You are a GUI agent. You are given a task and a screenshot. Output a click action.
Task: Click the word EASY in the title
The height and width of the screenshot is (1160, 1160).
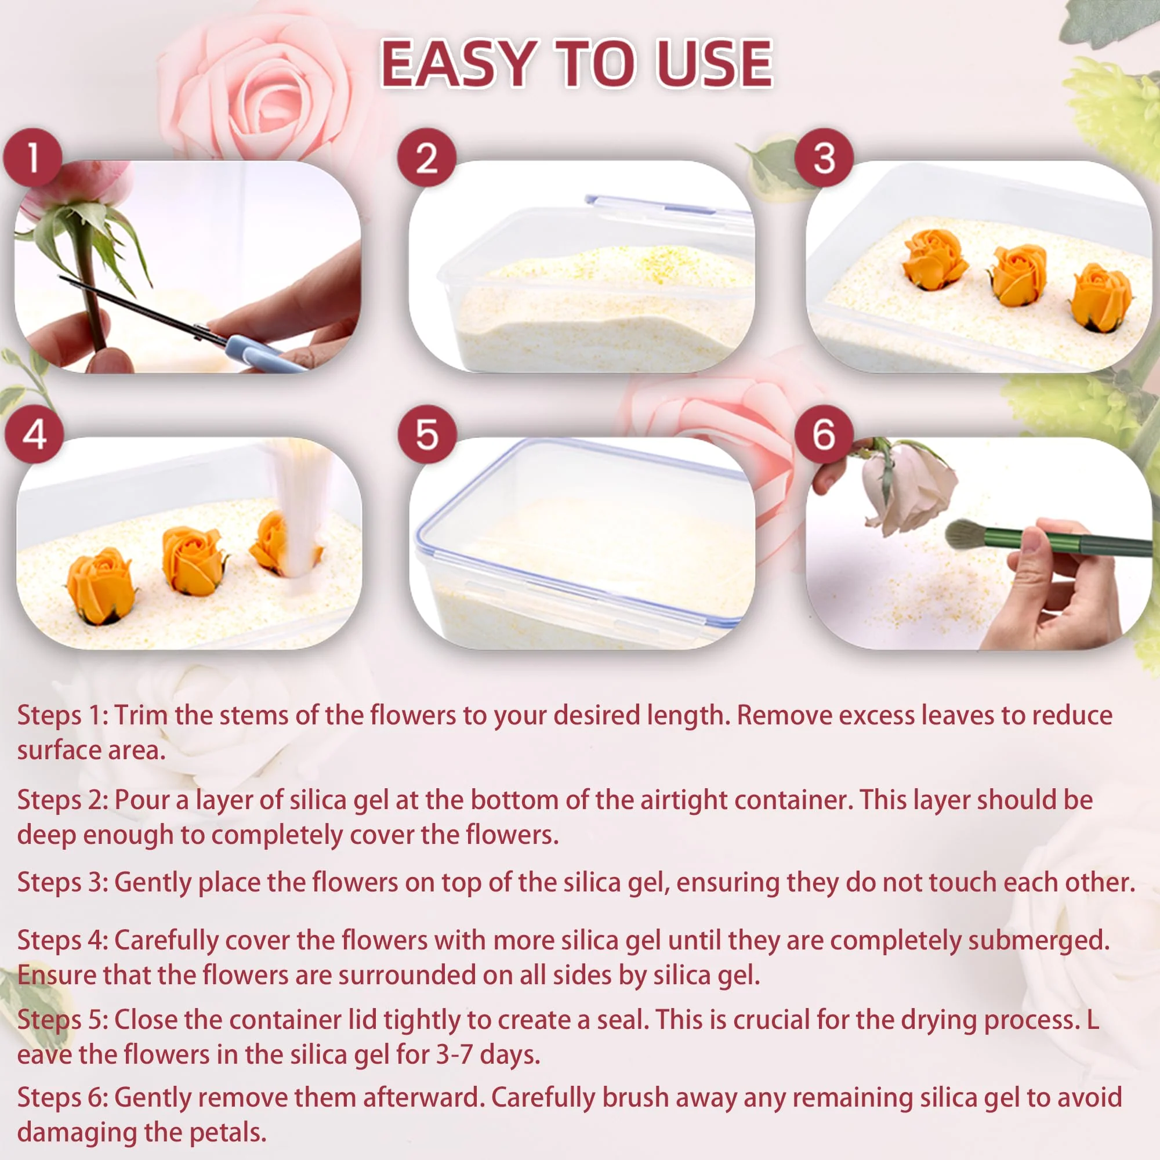click(x=458, y=64)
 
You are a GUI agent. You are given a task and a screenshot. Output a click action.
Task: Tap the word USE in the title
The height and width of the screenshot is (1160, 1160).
click(x=714, y=64)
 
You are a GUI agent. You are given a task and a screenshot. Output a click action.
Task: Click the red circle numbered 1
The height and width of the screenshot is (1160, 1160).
click(x=32, y=158)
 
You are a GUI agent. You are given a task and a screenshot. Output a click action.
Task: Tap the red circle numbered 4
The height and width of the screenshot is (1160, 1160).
click(x=34, y=434)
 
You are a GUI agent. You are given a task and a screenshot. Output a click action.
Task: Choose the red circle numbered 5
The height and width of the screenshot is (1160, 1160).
click(x=427, y=434)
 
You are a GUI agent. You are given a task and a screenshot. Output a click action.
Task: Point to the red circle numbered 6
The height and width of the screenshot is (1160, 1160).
click(x=824, y=434)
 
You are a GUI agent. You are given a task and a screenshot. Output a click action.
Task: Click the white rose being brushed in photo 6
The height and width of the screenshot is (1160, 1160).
click(x=909, y=487)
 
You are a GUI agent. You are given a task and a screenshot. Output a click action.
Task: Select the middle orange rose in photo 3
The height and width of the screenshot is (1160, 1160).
click(x=1019, y=275)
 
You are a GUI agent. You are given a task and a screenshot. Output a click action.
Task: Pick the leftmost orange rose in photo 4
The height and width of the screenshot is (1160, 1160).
click(x=100, y=585)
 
